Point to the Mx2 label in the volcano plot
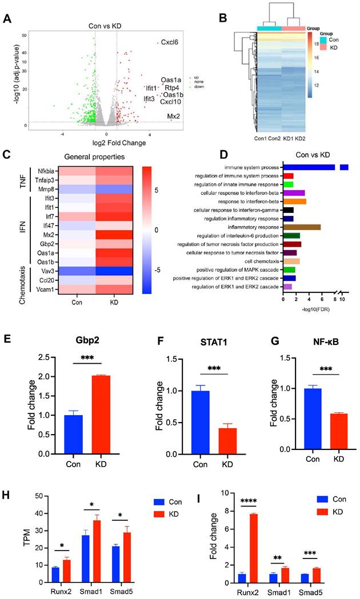click(174, 116)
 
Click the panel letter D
click(207, 155)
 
